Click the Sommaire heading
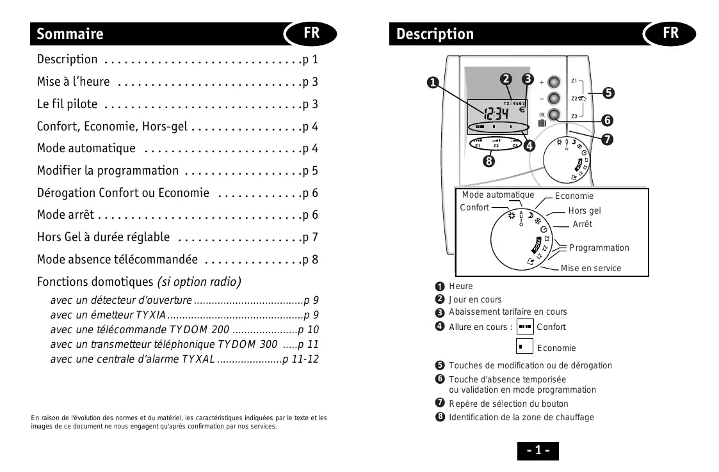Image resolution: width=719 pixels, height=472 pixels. (70, 34)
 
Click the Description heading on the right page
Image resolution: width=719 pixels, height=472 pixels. (435, 34)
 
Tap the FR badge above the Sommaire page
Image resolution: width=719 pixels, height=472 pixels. (311, 33)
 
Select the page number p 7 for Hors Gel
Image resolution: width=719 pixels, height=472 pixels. (310, 237)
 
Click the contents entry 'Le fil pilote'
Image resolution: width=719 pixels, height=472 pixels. (67, 104)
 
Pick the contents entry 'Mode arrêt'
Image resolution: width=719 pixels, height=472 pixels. (65, 215)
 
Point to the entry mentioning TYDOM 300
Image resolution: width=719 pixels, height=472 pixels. (184, 345)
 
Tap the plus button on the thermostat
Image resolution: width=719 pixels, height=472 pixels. (555, 83)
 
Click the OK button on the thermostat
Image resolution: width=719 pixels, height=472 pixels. (555, 116)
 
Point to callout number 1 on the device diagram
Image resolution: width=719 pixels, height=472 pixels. (433, 83)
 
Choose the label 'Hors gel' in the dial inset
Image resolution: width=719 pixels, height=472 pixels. (584, 210)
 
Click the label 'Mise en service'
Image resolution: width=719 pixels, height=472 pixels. (590, 268)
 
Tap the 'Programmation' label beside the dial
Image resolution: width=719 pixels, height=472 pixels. (599, 248)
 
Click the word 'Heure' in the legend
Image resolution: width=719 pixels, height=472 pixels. (460, 286)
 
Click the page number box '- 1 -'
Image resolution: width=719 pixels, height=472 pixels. (538, 450)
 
